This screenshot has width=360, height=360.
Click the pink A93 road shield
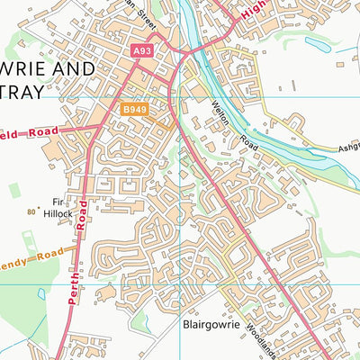142,52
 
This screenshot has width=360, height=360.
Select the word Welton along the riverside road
222,113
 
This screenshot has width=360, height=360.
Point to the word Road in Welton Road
246,141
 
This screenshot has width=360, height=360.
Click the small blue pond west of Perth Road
41,293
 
